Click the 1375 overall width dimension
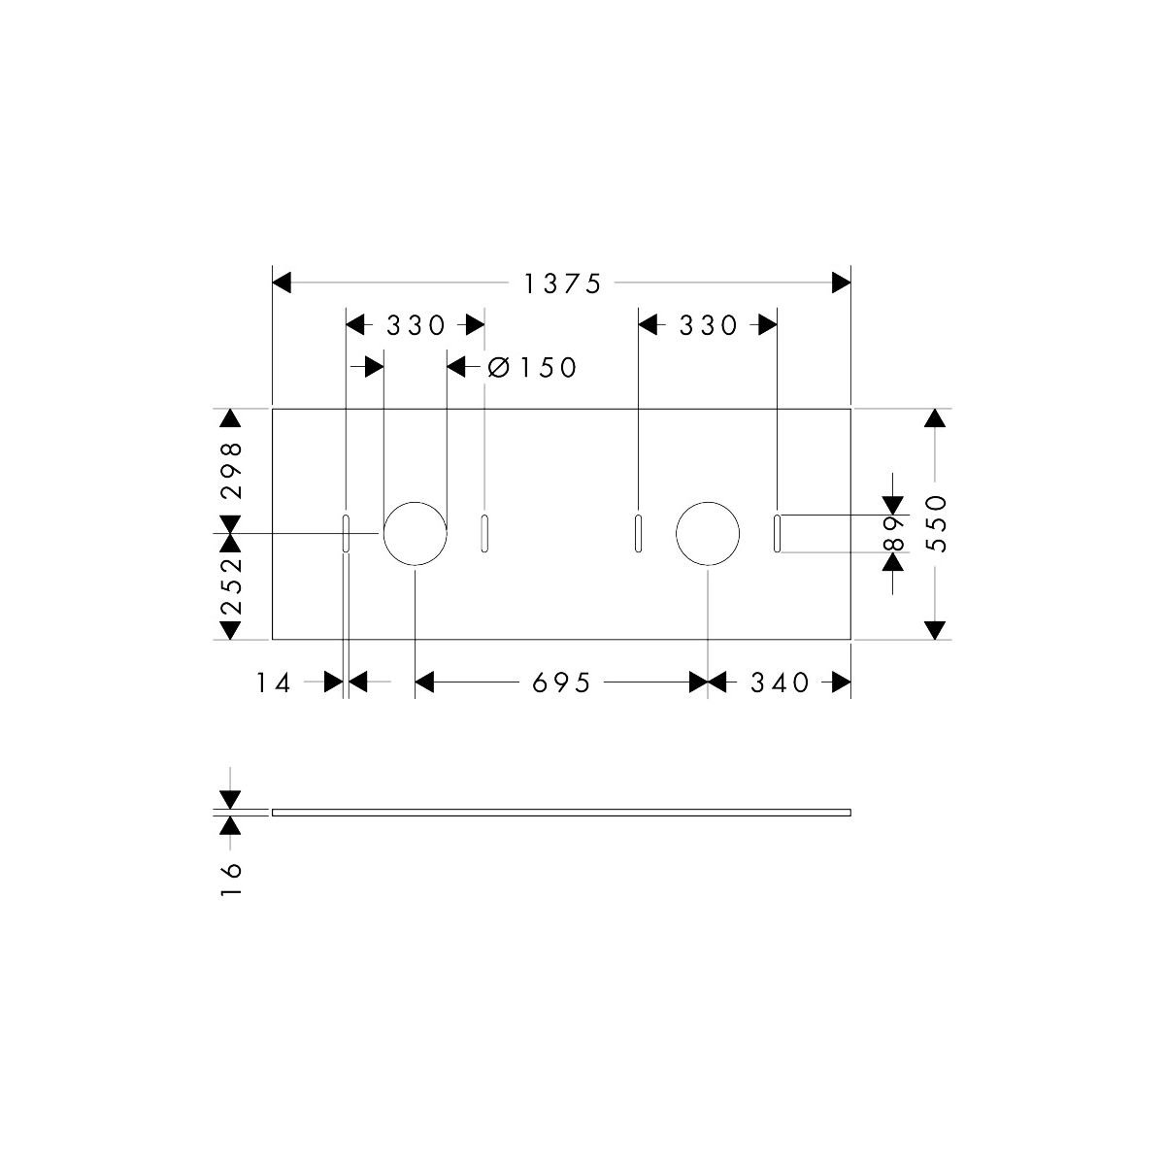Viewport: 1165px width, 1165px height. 562,283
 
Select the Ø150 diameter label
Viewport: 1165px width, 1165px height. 532,367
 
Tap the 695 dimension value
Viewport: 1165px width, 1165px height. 561,682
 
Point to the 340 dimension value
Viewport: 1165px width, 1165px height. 780,682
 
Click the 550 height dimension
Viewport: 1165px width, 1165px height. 936,523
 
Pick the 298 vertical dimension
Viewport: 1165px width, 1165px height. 231,470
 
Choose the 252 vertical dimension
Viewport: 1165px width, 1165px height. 231,586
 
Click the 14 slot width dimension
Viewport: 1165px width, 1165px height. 273,682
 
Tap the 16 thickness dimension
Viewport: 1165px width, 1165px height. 231,880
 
